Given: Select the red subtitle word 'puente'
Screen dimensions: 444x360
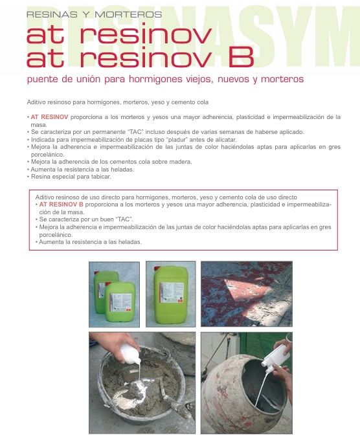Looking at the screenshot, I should click(x=42, y=80).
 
